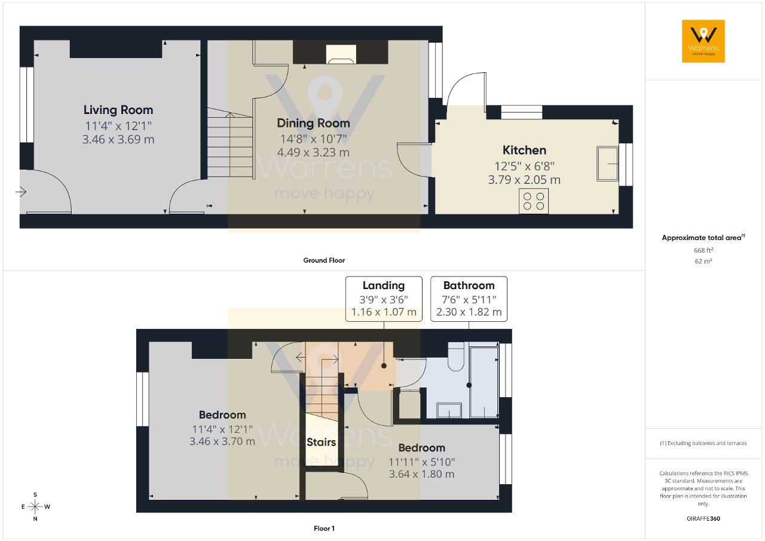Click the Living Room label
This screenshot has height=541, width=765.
pyautogui.click(x=118, y=110)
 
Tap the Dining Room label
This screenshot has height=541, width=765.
pyautogui.click(x=313, y=123)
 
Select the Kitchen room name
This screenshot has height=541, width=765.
pyautogui.click(x=524, y=150)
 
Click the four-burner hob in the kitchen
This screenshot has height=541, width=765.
pyautogui.click(x=534, y=201)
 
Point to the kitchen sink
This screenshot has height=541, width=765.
pyautogui.click(x=608, y=164)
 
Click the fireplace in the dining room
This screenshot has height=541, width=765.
pyautogui.click(x=341, y=54)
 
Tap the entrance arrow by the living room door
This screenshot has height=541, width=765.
pyautogui.click(x=21, y=192)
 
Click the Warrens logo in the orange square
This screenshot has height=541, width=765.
pyautogui.click(x=703, y=41)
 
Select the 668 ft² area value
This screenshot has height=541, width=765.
pyautogui.click(x=703, y=250)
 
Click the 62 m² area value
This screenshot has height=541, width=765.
pyautogui.click(x=703, y=262)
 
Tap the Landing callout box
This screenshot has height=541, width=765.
pyautogui.click(x=384, y=299)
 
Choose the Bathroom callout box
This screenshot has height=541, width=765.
pyautogui.click(x=469, y=299)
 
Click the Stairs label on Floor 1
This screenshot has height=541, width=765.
pyautogui.click(x=321, y=442)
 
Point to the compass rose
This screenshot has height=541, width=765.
pyautogui.click(x=35, y=506)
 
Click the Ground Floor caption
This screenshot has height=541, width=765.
pyautogui.click(x=324, y=260)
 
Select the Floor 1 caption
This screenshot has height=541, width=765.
pyautogui.click(x=324, y=528)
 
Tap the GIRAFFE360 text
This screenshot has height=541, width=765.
pyautogui.click(x=703, y=518)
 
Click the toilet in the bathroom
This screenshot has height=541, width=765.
pyautogui.click(x=456, y=356)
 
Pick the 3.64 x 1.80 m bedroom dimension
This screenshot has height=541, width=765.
pyautogui.click(x=421, y=474)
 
